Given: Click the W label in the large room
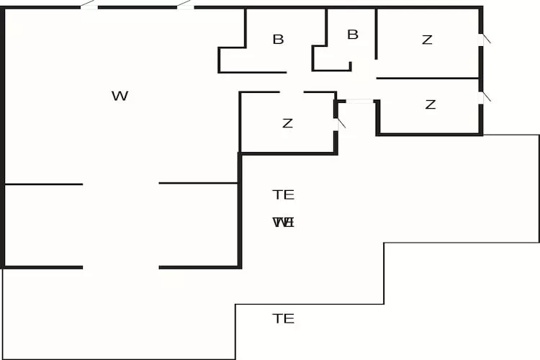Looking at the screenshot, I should pyautogui.click(x=120, y=96).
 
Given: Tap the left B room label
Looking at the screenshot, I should pyautogui.click(x=278, y=40).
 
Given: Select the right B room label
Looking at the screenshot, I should pyautogui.click(x=353, y=35).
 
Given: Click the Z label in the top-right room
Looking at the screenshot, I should pyautogui.click(x=427, y=40).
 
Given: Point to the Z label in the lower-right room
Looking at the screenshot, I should pyautogui.click(x=430, y=104).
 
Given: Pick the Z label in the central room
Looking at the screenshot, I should pyautogui.click(x=287, y=123).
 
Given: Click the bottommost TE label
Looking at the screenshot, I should pyautogui.click(x=283, y=318).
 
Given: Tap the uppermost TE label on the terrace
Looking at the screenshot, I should pyautogui.click(x=283, y=194).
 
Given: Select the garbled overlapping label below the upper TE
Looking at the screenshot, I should pyautogui.click(x=284, y=222).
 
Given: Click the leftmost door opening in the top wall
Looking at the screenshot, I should pyautogui.click(x=89, y=6).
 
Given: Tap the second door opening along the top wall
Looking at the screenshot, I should pyautogui.click(x=185, y=6).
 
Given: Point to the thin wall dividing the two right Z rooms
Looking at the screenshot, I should pyautogui.click(x=428, y=78).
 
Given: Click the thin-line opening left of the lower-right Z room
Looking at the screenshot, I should pyautogui.click(x=360, y=102).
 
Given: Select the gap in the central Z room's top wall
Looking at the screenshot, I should pyautogui.click(x=291, y=92).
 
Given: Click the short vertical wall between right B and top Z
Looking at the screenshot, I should pyautogui.click(x=377, y=35).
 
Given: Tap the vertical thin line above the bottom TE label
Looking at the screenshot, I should pyautogui.click(x=235, y=331).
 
